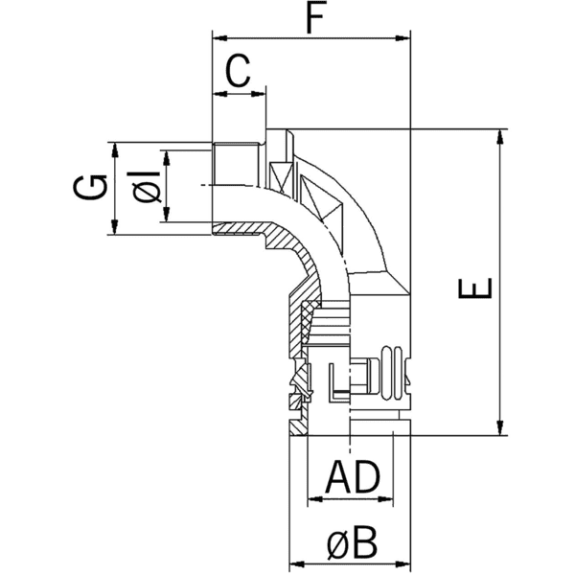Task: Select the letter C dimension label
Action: [x=238, y=72]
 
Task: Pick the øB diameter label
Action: [x=352, y=543]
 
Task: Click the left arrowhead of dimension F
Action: [x=218, y=39]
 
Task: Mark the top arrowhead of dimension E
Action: [x=499, y=136]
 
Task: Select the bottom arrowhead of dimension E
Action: [x=499, y=429]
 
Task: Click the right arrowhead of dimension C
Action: [x=258, y=94]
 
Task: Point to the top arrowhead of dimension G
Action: [x=115, y=149]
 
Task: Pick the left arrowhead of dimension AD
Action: [x=312, y=499]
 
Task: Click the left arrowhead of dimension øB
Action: [x=296, y=565]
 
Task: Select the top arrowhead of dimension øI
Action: [x=166, y=156]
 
